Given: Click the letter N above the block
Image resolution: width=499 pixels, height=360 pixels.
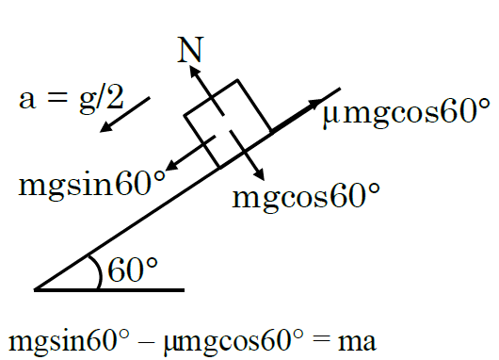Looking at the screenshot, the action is click(190, 49).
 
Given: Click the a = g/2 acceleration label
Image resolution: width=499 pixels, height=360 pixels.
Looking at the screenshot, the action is click(72, 98).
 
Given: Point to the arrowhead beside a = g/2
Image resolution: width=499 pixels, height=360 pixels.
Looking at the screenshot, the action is click(106, 127).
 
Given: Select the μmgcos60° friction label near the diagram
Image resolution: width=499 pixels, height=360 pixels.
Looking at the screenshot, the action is click(406, 112).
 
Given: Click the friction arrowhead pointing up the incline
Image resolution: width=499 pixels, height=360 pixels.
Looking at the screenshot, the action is click(316, 104).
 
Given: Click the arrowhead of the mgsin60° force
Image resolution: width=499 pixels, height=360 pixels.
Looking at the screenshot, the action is click(172, 166).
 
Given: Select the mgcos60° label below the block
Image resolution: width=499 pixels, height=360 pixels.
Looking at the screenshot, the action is click(306, 198).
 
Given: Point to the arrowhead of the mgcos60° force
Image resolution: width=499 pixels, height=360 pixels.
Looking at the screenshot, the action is click(259, 174).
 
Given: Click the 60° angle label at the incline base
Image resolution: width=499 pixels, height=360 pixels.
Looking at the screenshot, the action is click(133, 270).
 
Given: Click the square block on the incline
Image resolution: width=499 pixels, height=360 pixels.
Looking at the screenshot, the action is click(228, 123).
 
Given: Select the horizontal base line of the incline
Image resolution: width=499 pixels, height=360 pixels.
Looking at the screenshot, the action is click(109, 290).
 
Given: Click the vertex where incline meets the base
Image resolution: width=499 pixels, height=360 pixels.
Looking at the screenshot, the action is click(35, 289).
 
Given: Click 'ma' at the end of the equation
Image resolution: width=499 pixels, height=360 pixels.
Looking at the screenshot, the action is click(357, 342).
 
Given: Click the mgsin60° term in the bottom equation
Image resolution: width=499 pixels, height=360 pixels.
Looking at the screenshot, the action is click(69, 341).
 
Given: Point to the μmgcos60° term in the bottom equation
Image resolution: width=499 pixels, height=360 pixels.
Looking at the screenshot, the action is click(233, 341).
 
